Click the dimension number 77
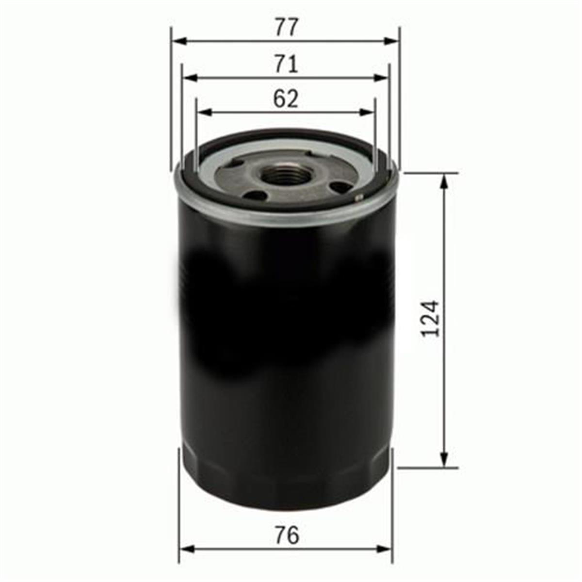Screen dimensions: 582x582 (286, 27)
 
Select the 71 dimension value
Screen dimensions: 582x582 (286, 64)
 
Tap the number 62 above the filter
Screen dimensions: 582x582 (286, 99)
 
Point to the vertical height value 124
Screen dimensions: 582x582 (430, 318)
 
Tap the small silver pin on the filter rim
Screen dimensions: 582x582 (359, 198)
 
